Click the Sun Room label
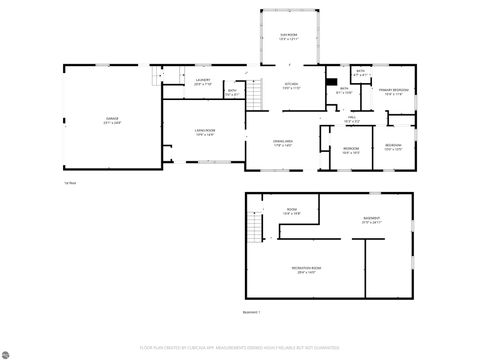pyautogui.click(x=289, y=36)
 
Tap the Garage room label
pyautogui.click(x=110, y=121)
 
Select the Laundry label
pyautogui.click(x=202, y=83)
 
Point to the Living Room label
pyautogui.click(x=206, y=133)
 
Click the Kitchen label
pyautogui.click(x=291, y=85)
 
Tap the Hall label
pyautogui.click(x=352, y=118)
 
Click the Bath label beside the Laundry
pyautogui.click(x=232, y=93)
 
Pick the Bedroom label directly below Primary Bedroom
pyautogui.click(x=394, y=148)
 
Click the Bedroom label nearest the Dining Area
pyautogui.click(x=351, y=152)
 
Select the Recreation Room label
pyautogui.click(x=305, y=271)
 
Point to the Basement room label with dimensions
pyautogui.click(x=371, y=221)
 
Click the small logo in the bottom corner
pyautogui.click(x=9, y=351)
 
